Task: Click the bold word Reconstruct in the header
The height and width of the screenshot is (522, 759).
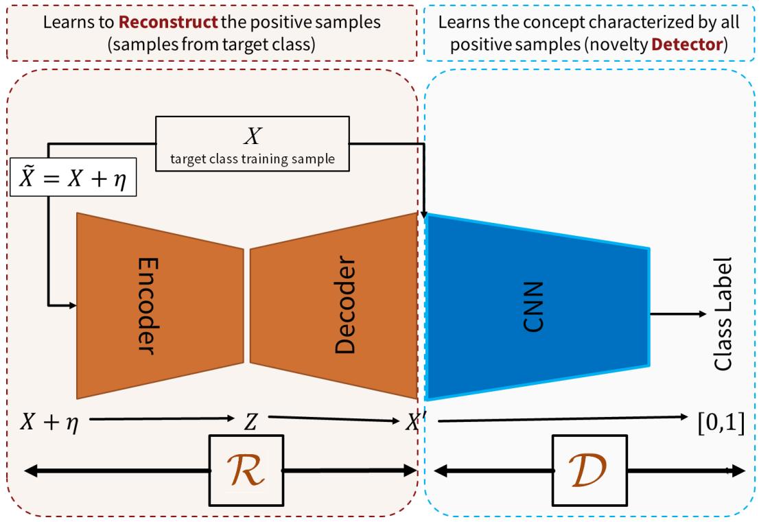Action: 159,22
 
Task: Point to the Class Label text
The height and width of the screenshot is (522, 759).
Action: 723,314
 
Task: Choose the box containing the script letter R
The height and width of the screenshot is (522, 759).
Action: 246,471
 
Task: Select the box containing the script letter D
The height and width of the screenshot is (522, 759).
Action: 589,471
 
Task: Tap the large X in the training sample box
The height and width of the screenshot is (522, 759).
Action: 253,136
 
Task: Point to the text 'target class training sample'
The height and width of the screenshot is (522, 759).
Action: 253,158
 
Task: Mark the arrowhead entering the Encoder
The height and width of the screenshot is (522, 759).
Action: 71,304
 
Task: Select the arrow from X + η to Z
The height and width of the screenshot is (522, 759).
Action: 158,418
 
